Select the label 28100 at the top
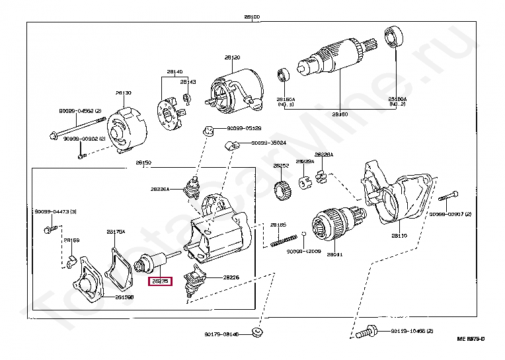pyautogui.click(x=252, y=17)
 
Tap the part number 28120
pyautogui.click(x=231, y=58)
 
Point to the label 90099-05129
pyautogui.click(x=244, y=128)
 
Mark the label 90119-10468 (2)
pyautogui.click(x=411, y=330)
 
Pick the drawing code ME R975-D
pyautogui.click(x=471, y=339)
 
